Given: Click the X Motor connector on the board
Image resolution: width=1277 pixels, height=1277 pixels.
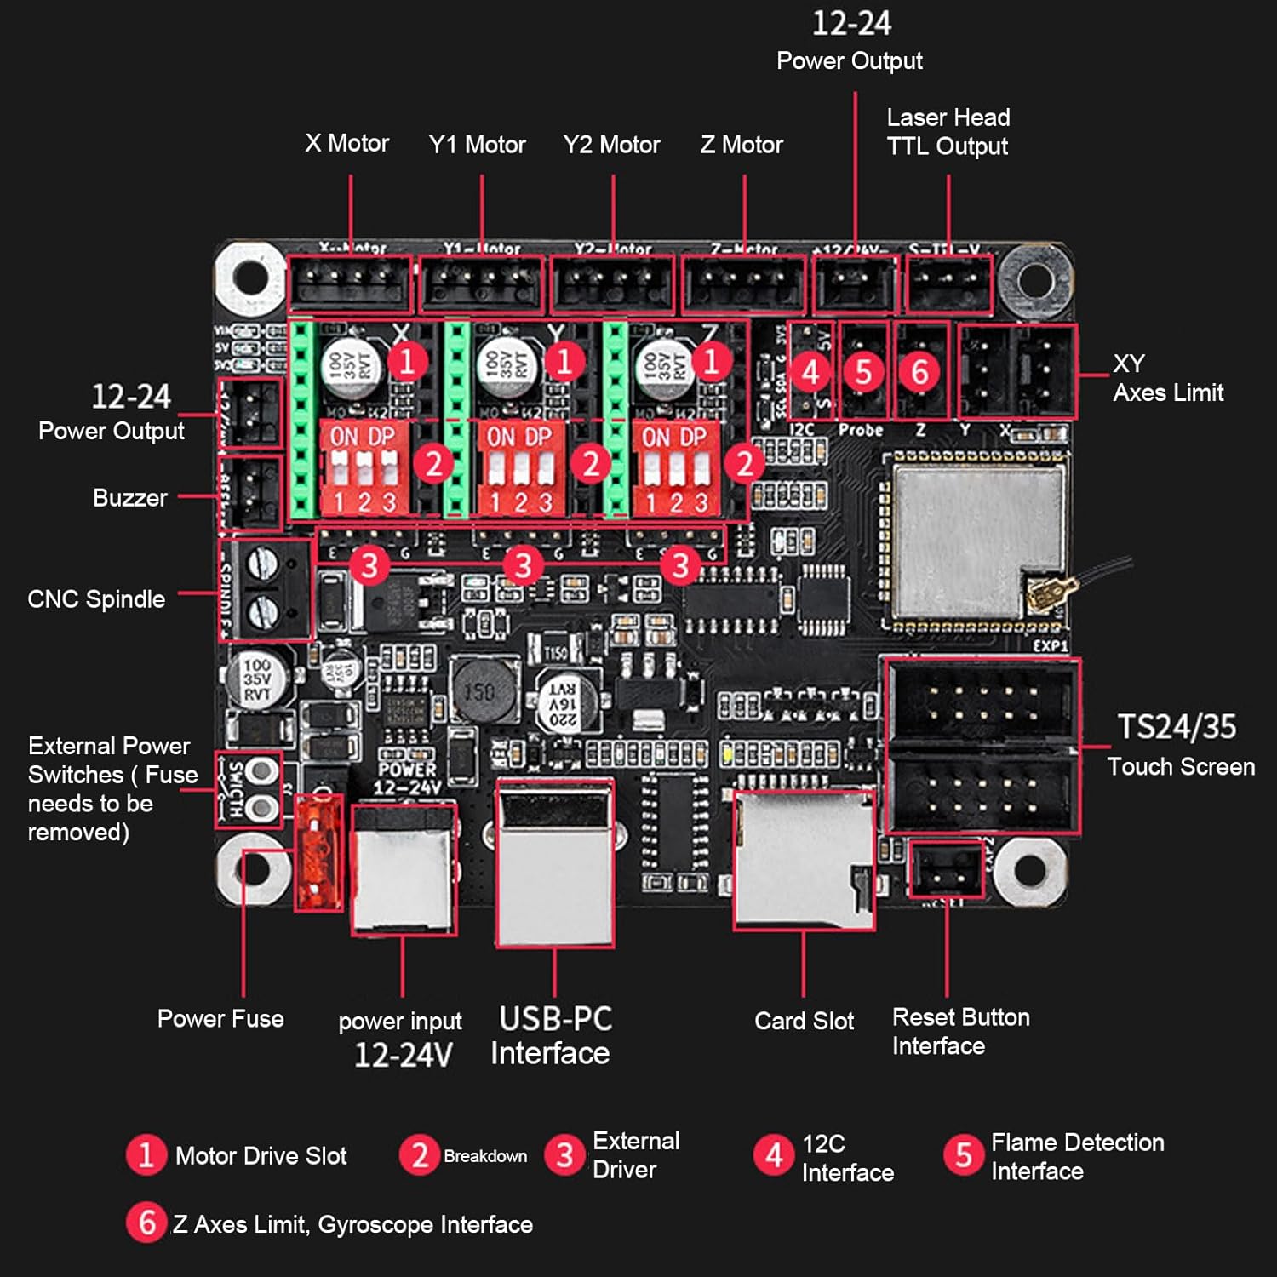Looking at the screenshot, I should tap(350, 284).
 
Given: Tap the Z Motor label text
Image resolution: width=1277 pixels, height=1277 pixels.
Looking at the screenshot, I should tap(742, 145).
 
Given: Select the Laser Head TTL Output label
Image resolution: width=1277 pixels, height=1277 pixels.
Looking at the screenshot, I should tap(948, 132).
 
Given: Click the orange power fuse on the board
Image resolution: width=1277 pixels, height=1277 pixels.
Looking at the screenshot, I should tap(318, 853).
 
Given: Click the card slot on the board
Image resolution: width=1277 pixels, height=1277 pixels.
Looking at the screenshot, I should tap(804, 860).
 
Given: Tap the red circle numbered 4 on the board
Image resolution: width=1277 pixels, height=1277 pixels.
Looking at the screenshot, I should tap(810, 372).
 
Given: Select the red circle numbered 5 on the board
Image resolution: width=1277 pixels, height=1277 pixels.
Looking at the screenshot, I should tap(863, 372).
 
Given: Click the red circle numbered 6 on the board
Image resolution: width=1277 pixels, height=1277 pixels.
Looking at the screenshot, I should tap(919, 372).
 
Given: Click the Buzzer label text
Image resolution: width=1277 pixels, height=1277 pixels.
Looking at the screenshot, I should tap(129, 498).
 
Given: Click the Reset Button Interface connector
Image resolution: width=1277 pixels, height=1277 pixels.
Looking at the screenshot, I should tap(946, 869).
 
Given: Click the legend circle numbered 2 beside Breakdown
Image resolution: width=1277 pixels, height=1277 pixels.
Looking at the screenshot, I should tap(419, 1155).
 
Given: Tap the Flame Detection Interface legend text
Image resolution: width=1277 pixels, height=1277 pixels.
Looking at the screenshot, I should tap(1076, 1156).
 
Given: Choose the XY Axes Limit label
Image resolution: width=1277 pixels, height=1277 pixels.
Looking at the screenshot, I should tap(1167, 378).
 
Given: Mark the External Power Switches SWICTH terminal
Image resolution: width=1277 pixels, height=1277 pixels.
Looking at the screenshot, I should tap(249, 789).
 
